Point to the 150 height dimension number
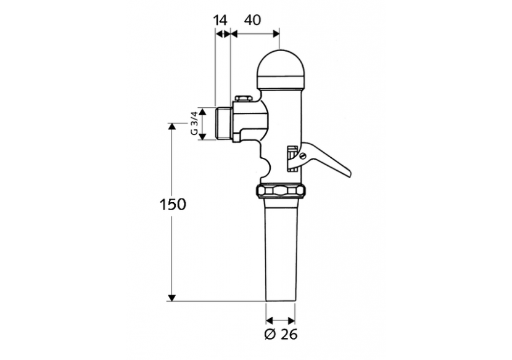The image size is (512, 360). tap(172, 205)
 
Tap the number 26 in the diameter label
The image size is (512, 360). tap(287, 336)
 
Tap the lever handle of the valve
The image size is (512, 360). tap(327, 163)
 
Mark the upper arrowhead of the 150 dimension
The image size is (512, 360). tap(171, 126)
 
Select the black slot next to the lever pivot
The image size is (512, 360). tap(289, 159)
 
